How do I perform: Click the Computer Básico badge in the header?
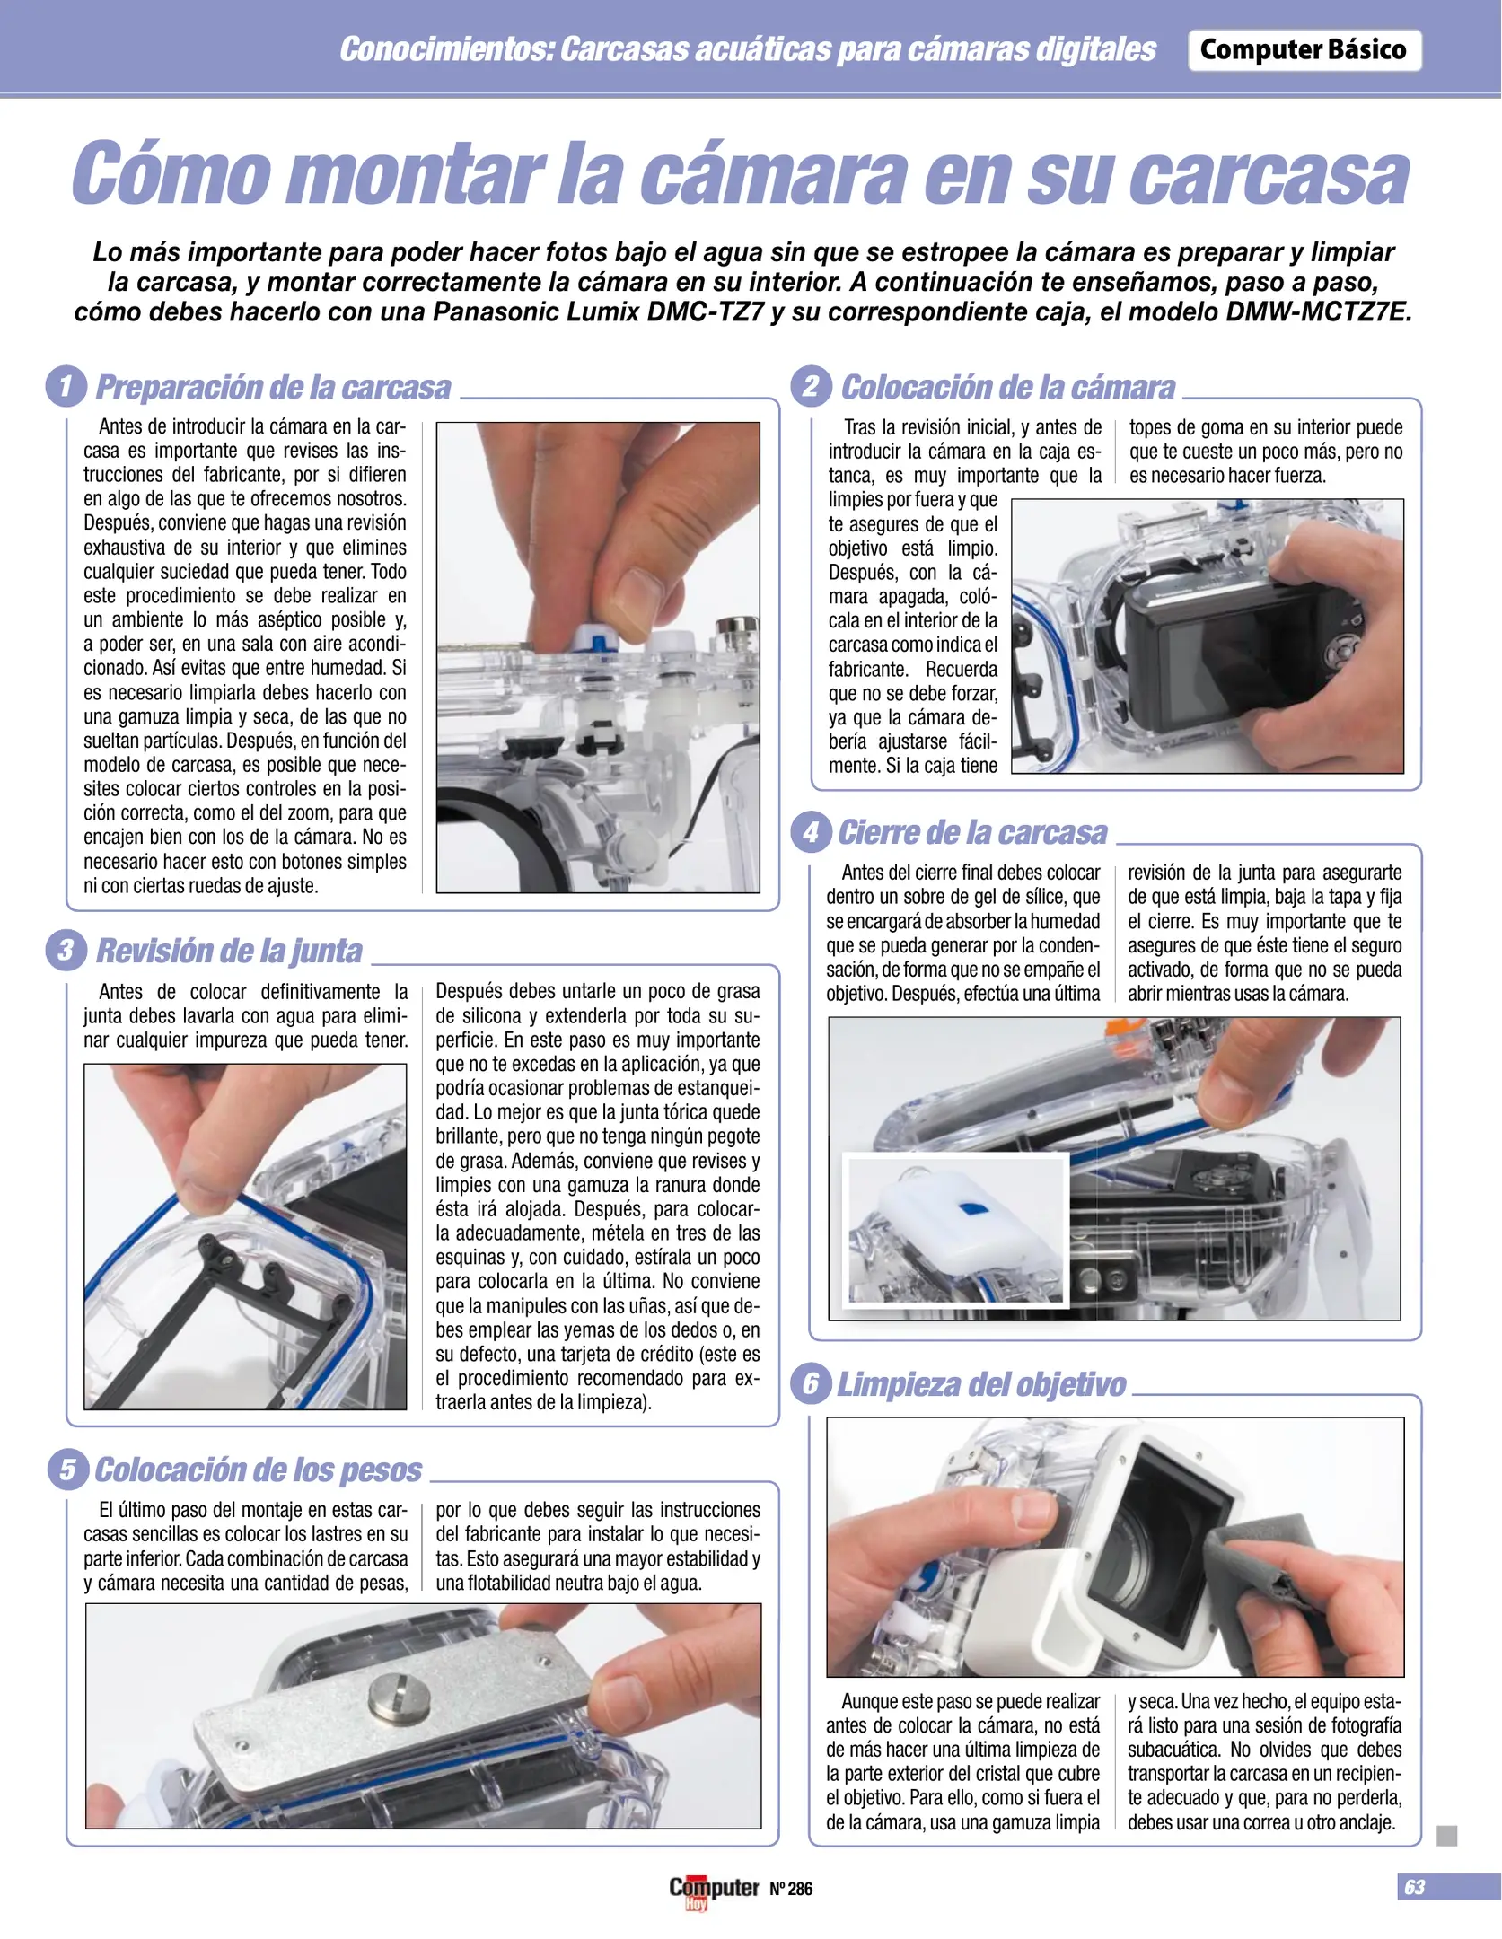(1304, 50)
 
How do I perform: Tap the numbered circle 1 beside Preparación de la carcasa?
(66, 387)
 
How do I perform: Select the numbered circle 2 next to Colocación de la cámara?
(811, 387)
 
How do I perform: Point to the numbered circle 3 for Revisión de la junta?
(66, 950)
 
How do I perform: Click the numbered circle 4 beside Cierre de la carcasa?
(811, 832)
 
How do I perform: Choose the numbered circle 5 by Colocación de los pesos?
(67, 1470)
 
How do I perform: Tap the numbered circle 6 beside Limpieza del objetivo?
(811, 1383)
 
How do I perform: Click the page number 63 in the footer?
(1414, 1887)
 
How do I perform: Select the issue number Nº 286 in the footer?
(791, 1889)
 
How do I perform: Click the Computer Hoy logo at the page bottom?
(714, 1891)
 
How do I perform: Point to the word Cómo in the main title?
(171, 173)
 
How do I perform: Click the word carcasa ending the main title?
(1269, 176)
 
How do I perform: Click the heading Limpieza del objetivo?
(981, 1384)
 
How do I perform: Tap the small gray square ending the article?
(1446, 1836)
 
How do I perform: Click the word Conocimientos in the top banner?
(445, 49)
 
